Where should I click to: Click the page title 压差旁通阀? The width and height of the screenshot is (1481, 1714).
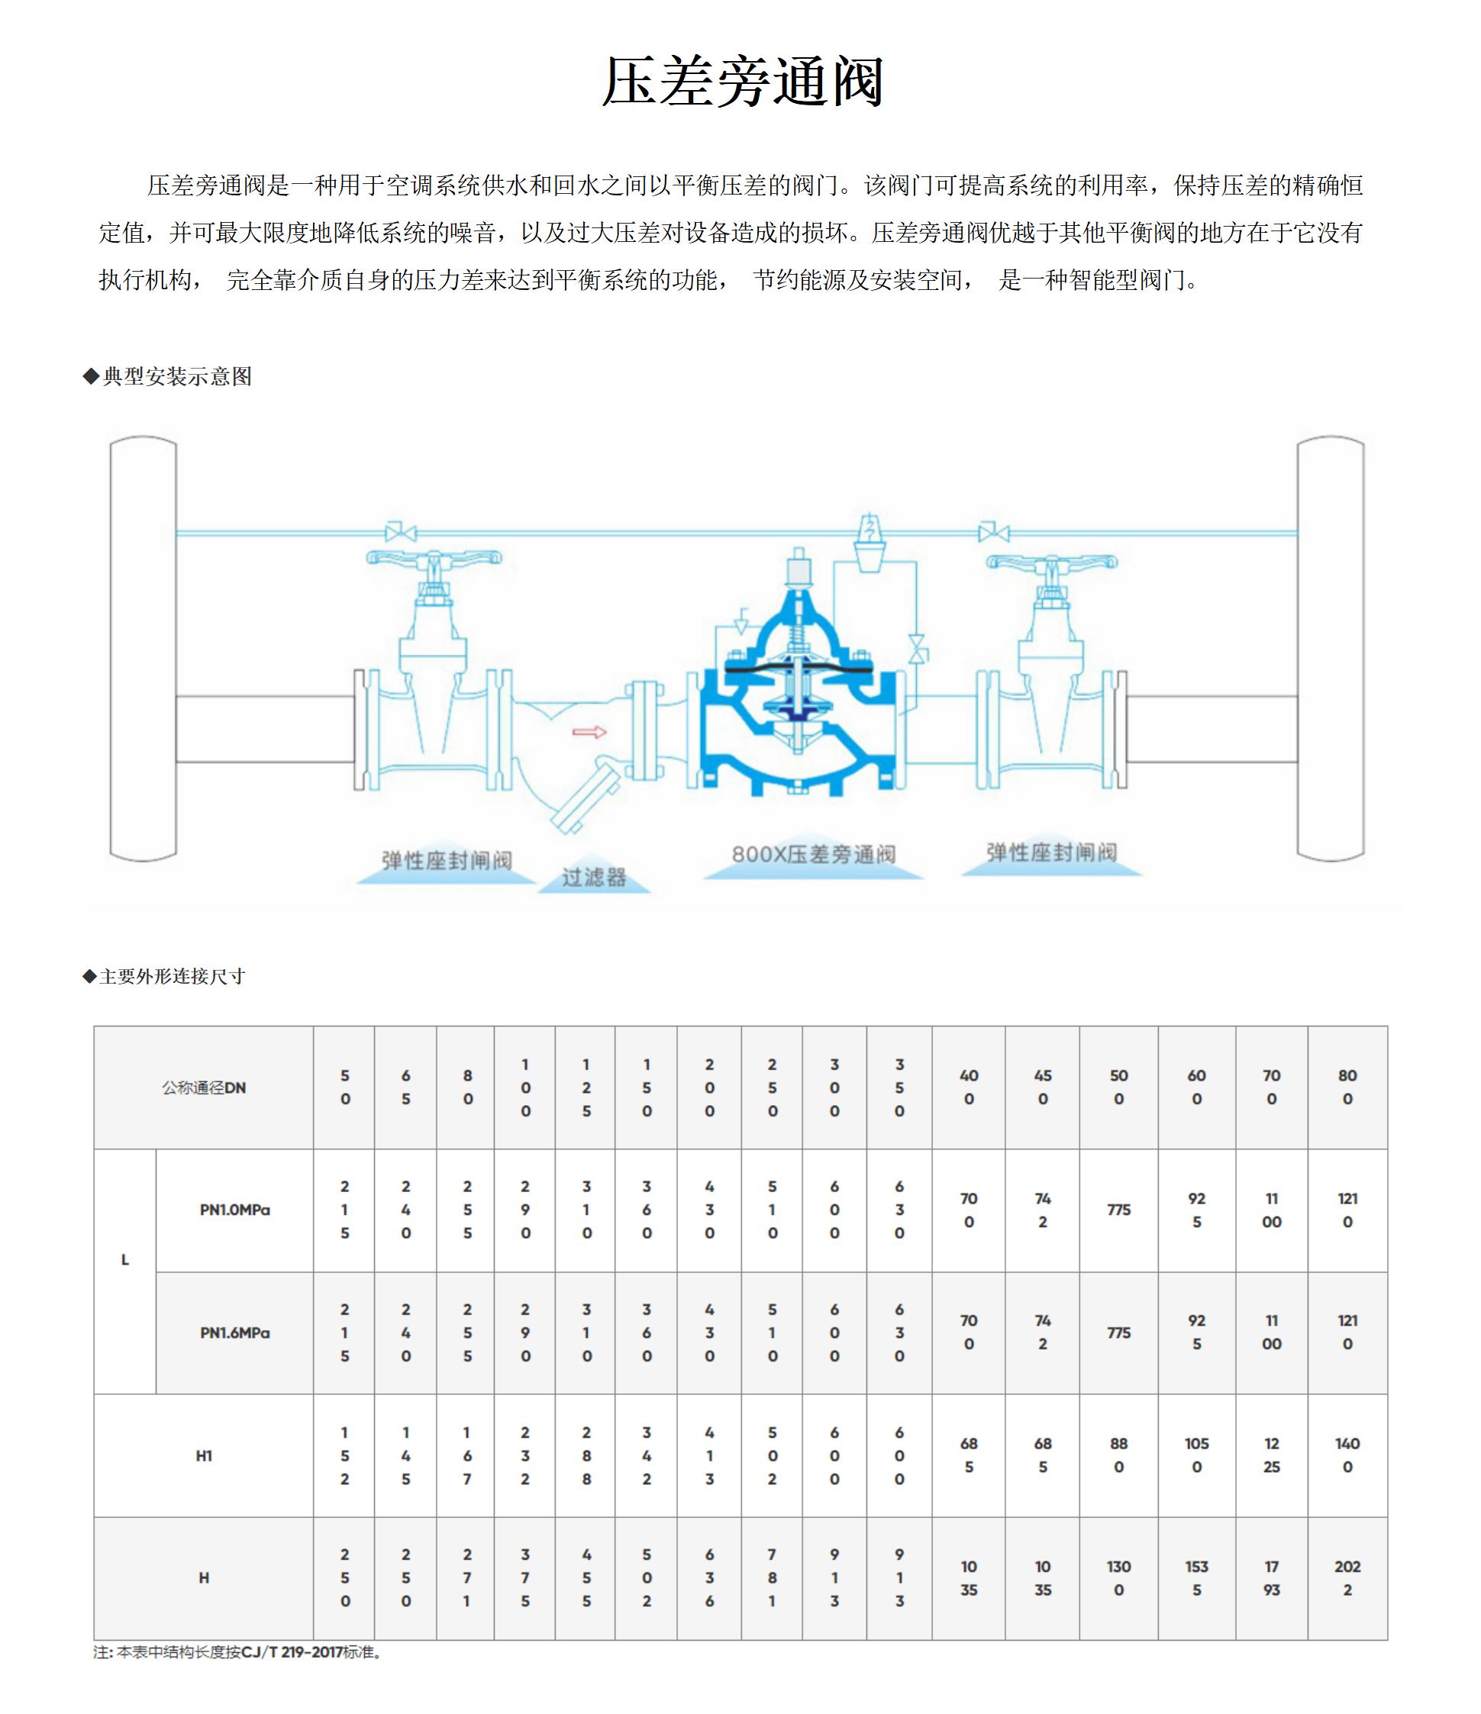click(x=742, y=82)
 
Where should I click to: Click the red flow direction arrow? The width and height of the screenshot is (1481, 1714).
click(x=589, y=731)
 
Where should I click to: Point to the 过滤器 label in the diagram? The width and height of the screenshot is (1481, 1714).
click(x=594, y=877)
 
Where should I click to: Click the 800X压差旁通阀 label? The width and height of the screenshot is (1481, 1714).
click(x=813, y=855)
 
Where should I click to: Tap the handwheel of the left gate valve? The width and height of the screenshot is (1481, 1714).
click(x=434, y=559)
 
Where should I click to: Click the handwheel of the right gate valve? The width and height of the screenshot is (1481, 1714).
click(x=1050, y=562)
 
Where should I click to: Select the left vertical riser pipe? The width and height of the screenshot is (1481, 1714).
click(x=143, y=649)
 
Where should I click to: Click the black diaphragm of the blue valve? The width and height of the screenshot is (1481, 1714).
click(x=798, y=664)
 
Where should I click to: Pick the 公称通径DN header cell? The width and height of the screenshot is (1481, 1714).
click(x=204, y=1087)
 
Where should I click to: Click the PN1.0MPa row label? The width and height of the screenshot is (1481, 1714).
click(x=235, y=1210)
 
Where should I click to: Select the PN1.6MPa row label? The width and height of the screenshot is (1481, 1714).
click(x=235, y=1332)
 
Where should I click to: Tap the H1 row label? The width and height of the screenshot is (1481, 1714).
click(x=204, y=1456)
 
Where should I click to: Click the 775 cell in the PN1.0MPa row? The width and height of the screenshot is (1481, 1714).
click(x=1118, y=1210)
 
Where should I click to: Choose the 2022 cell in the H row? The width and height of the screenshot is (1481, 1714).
click(x=1347, y=1577)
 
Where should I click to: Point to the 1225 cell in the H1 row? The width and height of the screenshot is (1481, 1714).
click(x=1272, y=1455)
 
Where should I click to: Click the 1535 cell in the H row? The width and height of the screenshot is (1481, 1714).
click(x=1196, y=1577)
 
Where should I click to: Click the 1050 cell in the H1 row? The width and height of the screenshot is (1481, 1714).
click(x=1196, y=1455)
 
